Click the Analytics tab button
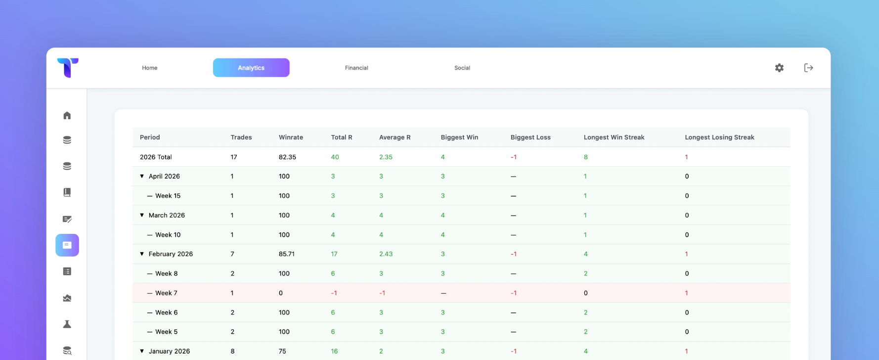click(x=251, y=68)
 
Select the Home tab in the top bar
click(x=150, y=68)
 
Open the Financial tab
click(x=356, y=68)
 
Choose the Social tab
click(x=462, y=68)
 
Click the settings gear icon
click(x=779, y=68)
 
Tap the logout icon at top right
click(x=808, y=68)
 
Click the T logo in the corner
click(x=68, y=68)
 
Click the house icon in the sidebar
click(x=67, y=115)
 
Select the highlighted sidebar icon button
click(x=67, y=245)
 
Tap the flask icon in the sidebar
click(x=67, y=324)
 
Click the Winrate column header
click(x=291, y=137)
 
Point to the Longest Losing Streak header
click(x=719, y=137)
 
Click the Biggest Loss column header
click(x=530, y=137)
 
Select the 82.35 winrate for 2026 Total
click(x=287, y=157)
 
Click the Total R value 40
click(x=335, y=157)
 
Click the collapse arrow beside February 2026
click(x=142, y=254)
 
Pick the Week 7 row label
click(x=166, y=293)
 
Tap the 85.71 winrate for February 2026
click(x=287, y=254)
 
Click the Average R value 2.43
click(x=386, y=254)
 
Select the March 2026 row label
click(x=167, y=216)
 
